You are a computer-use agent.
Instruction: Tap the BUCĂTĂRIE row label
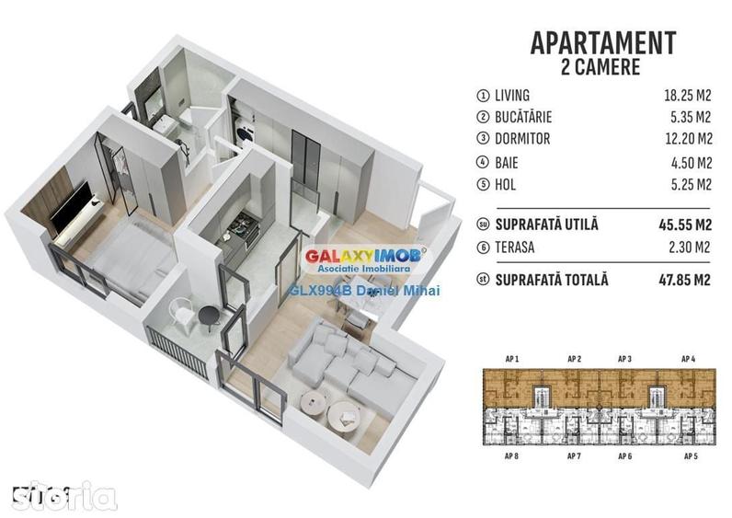(x=527, y=118)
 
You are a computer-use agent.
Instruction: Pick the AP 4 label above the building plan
(x=687, y=359)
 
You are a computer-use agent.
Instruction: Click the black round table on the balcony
(x=209, y=318)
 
